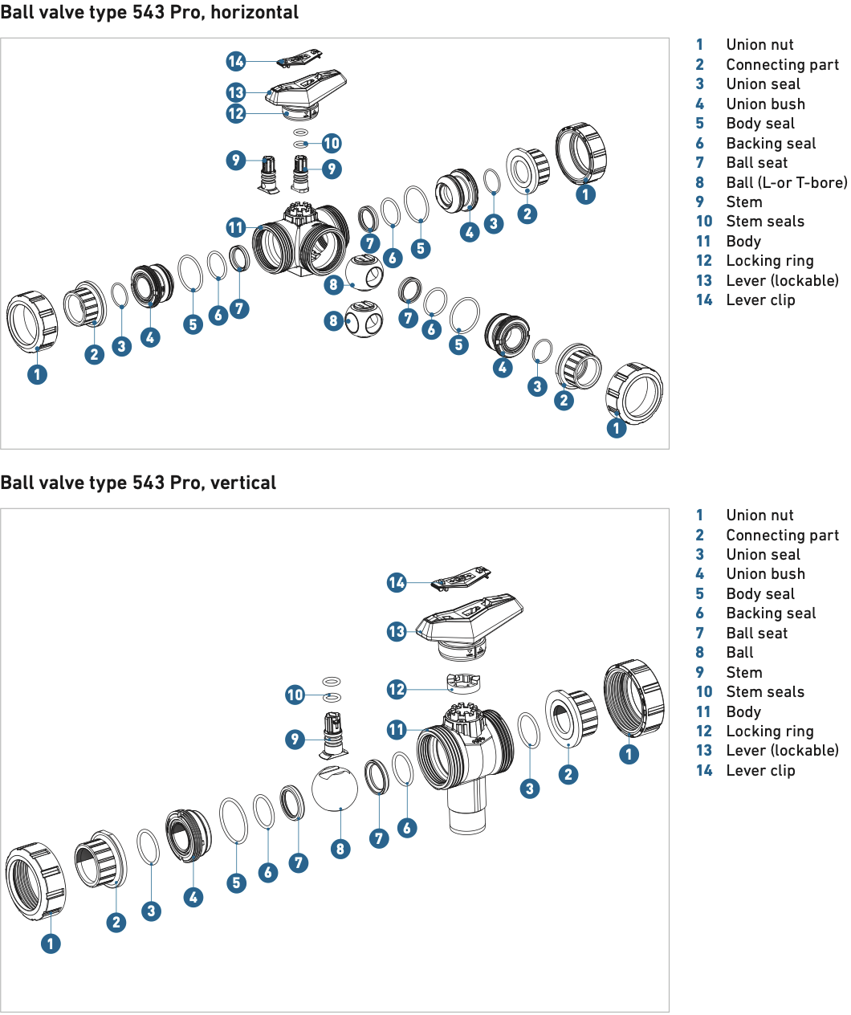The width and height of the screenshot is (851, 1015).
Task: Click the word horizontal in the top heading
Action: [x=254, y=12]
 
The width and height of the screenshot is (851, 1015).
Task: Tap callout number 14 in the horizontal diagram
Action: [x=236, y=61]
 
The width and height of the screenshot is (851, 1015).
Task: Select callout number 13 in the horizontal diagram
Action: [x=236, y=92]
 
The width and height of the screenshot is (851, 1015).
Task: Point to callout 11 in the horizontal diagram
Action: [x=236, y=227]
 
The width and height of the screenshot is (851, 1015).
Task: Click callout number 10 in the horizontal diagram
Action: [x=332, y=143]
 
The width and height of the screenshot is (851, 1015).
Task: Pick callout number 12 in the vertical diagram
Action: [x=397, y=689]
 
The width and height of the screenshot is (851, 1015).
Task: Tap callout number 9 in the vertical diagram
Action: [x=295, y=740]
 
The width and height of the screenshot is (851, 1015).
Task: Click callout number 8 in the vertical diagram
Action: [x=340, y=849]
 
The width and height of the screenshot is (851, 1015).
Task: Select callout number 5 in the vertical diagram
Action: [x=236, y=883]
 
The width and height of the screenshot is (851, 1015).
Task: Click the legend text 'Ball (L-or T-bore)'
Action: [x=787, y=182]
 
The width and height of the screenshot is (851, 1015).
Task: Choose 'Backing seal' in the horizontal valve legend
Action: [x=771, y=143]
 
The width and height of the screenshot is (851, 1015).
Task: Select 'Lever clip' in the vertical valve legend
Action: [x=760, y=771]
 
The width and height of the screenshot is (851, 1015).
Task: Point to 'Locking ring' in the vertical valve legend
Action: [x=770, y=731]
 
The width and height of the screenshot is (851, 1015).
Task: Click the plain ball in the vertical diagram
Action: [x=334, y=789]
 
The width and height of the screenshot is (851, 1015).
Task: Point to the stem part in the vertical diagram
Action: [x=334, y=735]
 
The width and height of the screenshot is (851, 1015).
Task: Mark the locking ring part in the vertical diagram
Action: [x=463, y=683]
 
